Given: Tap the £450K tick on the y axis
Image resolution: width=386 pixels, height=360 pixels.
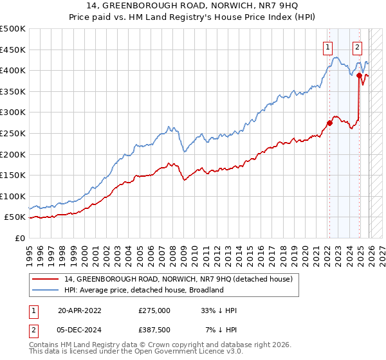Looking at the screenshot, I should [13, 50].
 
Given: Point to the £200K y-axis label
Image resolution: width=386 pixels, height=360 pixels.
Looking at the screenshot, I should [13, 154].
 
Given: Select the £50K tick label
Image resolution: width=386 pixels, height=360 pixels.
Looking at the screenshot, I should [15, 217].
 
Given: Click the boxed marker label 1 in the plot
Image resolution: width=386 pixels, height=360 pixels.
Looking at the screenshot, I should [328, 46].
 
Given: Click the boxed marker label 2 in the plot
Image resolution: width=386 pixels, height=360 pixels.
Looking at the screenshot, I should [357, 46].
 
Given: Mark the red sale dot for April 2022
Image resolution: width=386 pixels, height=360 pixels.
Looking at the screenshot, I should [329, 123].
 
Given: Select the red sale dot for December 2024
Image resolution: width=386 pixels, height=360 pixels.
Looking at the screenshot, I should [359, 76].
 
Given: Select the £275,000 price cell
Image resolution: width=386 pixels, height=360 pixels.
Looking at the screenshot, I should [154, 310].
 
